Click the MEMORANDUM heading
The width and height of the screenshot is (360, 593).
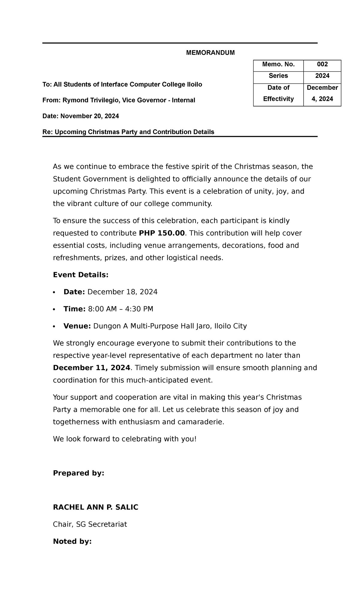click(x=210, y=53)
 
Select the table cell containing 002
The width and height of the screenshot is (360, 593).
click(x=322, y=64)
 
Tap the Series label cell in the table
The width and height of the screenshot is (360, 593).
click(x=278, y=76)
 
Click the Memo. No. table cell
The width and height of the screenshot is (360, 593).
click(x=278, y=64)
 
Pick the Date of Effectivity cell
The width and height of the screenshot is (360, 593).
click(x=278, y=93)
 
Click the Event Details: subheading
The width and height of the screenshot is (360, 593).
click(x=80, y=275)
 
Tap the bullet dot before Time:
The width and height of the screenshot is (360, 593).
click(x=54, y=309)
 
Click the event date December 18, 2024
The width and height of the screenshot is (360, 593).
click(x=122, y=292)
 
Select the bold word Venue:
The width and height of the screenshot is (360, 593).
click(x=77, y=326)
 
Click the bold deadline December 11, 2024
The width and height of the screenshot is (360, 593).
click(x=91, y=368)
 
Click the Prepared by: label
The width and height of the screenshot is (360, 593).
click(x=78, y=473)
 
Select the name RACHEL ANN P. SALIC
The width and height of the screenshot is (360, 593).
click(x=95, y=507)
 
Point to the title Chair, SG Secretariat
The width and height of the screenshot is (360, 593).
click(x=90, y=524)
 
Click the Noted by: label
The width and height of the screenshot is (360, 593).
click(x=72, y=541)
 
